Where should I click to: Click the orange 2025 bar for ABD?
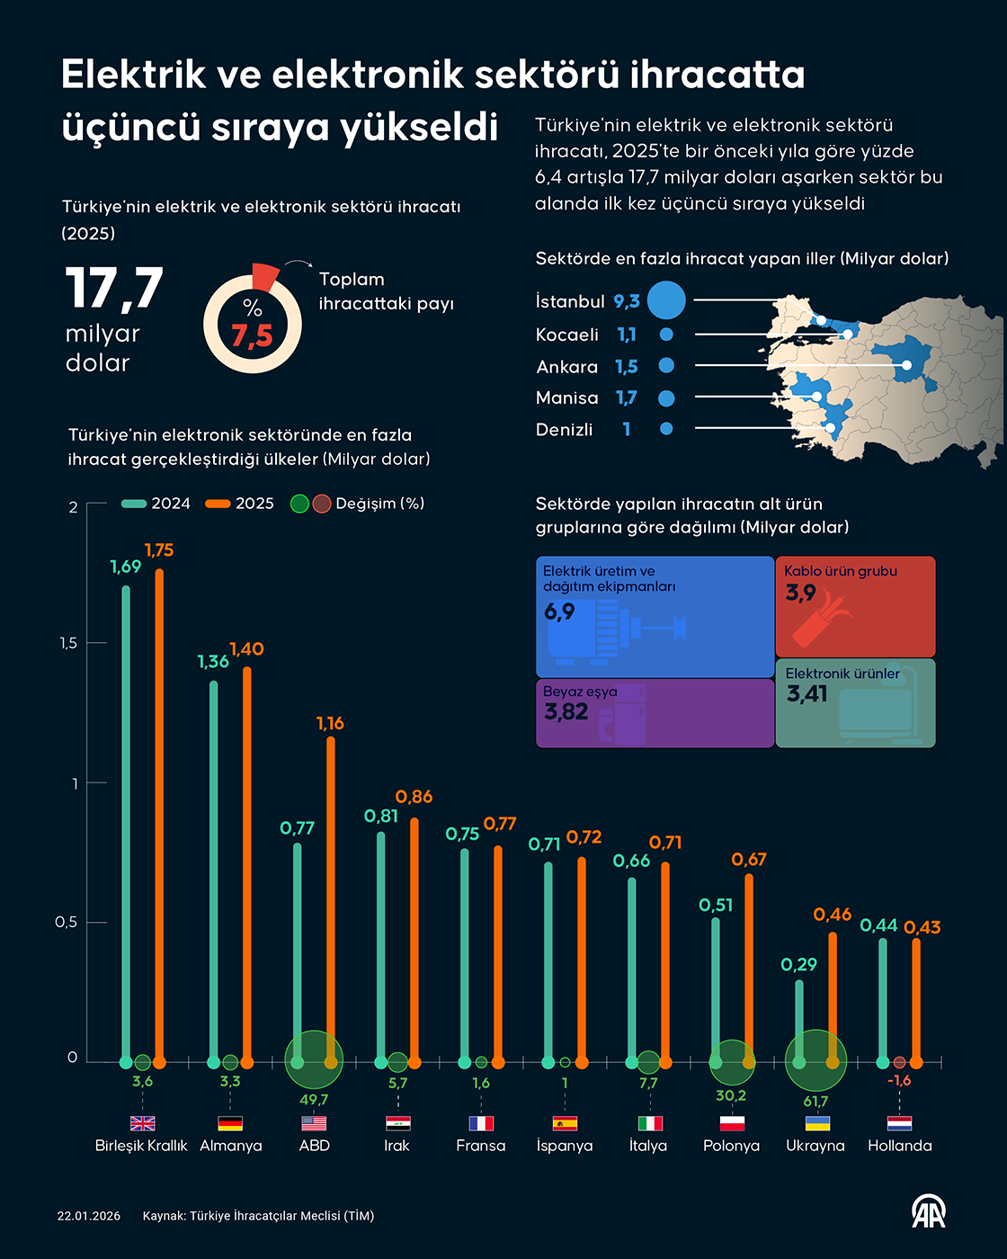click(331, 899)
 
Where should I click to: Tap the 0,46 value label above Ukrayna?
click(832, 915)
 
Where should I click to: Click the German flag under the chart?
click(230, 1123)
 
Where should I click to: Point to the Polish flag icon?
click(732, 1123)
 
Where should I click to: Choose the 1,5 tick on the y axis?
click(68, 643)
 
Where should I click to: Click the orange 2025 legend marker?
click(218, 504)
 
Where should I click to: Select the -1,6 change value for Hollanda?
click(899, 1080)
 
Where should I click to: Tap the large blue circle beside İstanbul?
click(666, 300)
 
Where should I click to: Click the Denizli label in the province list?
click(564, 430)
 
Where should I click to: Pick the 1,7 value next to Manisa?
click(626, 397)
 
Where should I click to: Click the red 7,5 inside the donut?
click(252, 336)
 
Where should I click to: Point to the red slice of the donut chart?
click(265, 276)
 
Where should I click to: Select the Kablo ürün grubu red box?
click(855, 606)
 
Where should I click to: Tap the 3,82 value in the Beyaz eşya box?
click(566, 712)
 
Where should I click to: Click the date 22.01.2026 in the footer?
click(88, 1216)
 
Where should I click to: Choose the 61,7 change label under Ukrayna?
click(815, 1102)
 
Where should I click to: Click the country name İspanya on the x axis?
click(564, 1146)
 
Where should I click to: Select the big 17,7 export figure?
click(114, 289)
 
